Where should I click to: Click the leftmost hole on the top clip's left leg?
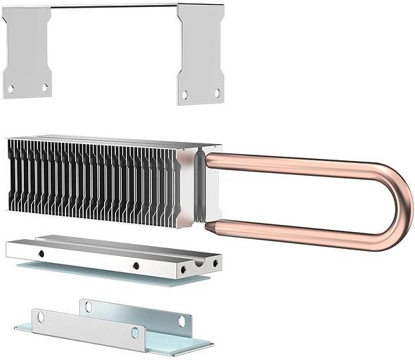[11, 89]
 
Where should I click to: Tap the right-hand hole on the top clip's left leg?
[45, 88]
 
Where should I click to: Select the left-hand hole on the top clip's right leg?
[185, 94]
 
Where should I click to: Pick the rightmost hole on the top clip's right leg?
[217, 93]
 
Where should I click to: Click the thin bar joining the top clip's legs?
[113, 6]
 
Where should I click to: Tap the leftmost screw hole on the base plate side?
[41, 253]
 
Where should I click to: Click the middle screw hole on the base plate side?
[136, 266]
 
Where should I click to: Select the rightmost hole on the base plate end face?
[215, 263]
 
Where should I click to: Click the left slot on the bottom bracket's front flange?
[40, 318]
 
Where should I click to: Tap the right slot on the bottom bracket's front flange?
[135, 333]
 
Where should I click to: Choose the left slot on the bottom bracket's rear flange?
[88, 307]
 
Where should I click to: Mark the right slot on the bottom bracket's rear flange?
[181, 321]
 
